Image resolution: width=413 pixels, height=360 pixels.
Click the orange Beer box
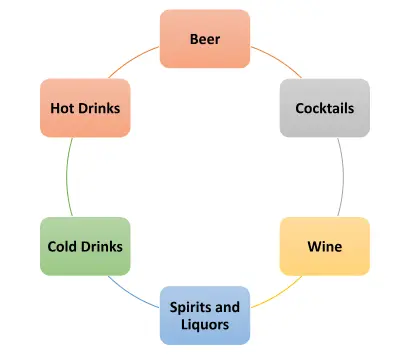(x=205, y=39)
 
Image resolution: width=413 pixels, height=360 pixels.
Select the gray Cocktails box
(x=324, y=107)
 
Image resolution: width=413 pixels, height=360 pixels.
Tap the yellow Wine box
(x=324, y=245)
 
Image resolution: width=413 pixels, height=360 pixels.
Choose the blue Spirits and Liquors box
(x=205, y=314)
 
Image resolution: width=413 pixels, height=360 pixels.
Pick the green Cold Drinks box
(x=86, y=245)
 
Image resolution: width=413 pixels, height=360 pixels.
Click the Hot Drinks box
(x=86, y=107)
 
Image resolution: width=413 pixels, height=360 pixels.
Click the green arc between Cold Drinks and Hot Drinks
(x=67, y=176)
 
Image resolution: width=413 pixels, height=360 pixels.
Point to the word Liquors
(x=205, y=324)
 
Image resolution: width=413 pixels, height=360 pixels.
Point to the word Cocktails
(x=324, y=107)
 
